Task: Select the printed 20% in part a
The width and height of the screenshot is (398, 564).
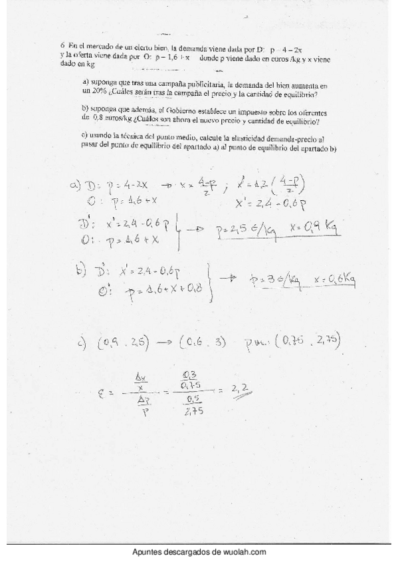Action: click(x=90, y=93)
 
